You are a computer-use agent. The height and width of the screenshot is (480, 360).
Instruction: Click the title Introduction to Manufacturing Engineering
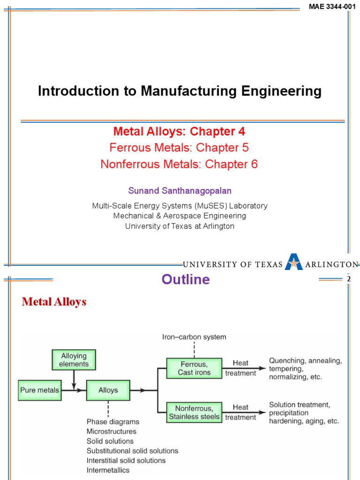pos(180,91)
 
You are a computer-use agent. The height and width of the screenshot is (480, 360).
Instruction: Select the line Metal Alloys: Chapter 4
pos(179,131)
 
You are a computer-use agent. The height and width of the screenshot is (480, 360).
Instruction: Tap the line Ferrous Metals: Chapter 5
pos(179,148)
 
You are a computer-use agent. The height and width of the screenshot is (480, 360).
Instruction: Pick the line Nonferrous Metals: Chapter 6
pos(179,165)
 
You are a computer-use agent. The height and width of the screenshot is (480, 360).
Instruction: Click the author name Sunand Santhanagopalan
pos(180,191)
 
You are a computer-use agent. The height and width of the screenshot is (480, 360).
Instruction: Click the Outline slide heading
pos(186,280)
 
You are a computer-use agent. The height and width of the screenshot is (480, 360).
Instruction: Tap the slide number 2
pos(348,280)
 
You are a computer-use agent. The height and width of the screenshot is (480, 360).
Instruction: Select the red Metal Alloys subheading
pos(54,302)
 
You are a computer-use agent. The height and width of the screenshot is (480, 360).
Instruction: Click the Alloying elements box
pos(74,360)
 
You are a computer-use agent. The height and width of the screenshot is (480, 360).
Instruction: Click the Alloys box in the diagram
pos(108,390)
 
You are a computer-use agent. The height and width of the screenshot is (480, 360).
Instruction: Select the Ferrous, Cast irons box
pos(194,368)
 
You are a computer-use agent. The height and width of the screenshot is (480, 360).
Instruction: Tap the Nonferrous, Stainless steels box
pos(194,412)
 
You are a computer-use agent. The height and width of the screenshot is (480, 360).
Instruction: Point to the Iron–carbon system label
pos(194,337)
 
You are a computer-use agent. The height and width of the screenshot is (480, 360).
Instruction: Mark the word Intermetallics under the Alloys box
pos(108,470)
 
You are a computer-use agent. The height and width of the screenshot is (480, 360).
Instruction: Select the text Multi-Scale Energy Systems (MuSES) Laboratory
pos(180,206)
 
